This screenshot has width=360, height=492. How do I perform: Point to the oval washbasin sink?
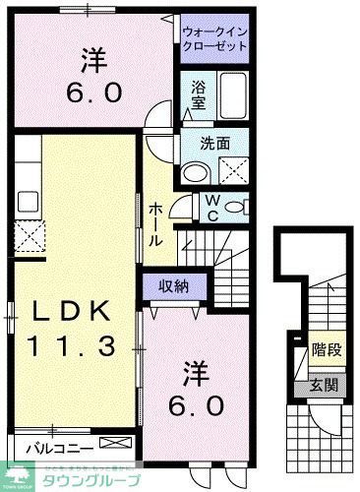[x=195, y=173]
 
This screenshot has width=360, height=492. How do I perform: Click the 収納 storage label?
[x=175, y=285]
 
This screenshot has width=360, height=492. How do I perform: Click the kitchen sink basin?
[x=28, y=177]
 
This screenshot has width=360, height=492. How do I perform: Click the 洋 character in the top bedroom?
[x=92, y=61]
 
